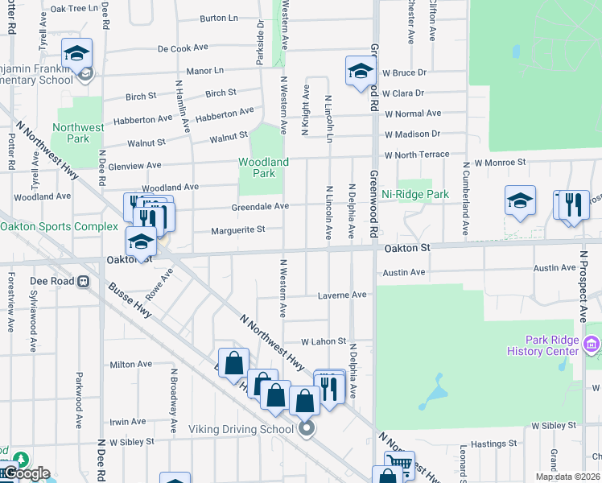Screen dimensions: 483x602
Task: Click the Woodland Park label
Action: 263,167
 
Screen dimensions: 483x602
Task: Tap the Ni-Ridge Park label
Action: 415,194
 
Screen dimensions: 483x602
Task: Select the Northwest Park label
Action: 78,133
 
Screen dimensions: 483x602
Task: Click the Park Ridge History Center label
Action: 542,345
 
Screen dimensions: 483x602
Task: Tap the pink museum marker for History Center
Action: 592,345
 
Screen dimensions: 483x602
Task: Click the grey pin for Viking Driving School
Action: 306,428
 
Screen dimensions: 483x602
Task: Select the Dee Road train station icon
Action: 81,282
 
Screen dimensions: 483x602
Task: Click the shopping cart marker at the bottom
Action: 399,464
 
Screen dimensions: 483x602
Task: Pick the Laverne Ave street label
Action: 341,295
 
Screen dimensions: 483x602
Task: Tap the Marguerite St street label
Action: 238,230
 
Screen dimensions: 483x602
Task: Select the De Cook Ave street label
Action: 184,48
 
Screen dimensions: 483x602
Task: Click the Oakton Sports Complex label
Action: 59,226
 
